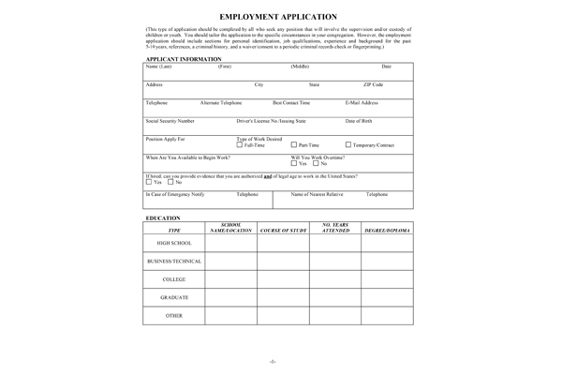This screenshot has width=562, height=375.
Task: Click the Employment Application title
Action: click(280, 17)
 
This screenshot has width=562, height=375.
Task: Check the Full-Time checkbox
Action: click(240, 145)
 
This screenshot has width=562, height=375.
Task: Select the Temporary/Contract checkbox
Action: click(348, 145)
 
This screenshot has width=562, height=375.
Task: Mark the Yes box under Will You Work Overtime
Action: click(293, 163)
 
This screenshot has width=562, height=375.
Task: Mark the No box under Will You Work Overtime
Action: click(316, 163)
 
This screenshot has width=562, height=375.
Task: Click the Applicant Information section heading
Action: click(183, 59)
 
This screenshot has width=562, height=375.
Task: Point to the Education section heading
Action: click(163, 217)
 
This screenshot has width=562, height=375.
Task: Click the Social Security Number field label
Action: click(170, 121)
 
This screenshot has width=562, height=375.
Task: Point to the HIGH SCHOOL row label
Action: click(174, 243)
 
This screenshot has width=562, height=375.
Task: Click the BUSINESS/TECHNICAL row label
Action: click(174, 261)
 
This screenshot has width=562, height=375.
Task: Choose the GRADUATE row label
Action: click(174, 297)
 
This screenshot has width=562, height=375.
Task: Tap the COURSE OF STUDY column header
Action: click(283, 229)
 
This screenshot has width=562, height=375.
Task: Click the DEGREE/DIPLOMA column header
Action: click(388, 229)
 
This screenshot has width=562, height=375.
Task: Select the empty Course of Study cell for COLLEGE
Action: click(283, 279)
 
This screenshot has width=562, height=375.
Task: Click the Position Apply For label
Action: click(165, 139)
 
